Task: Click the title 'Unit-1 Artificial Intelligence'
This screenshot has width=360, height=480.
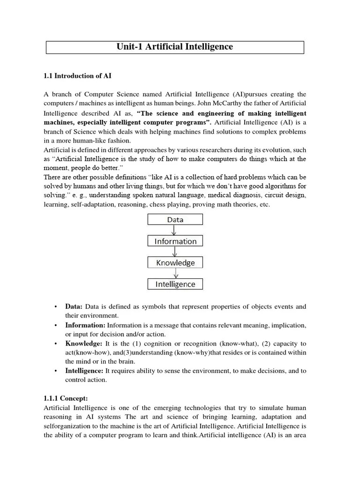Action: (x=175, y=47)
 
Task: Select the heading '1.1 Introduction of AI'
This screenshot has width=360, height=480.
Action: (x=77, y=75)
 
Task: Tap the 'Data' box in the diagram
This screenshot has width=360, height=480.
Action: (x=175, y=219)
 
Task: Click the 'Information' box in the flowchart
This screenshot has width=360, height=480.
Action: (x=175, y=241)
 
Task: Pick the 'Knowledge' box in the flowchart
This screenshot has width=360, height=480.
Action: (x=175, y=263)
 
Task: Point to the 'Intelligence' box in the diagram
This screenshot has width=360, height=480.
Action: (x=175, y=284)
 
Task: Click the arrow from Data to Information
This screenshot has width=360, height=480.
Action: (x=174, y=230)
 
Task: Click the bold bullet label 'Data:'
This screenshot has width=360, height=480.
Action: (x=74, y=307)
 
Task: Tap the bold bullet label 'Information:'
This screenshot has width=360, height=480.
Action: (x=85, y=325)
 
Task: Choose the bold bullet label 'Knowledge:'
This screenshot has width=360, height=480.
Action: (x=83, y=344)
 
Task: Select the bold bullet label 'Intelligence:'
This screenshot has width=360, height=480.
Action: (x=84, y=371)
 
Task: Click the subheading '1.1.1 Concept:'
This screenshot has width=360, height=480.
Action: (x=66, y=398)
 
